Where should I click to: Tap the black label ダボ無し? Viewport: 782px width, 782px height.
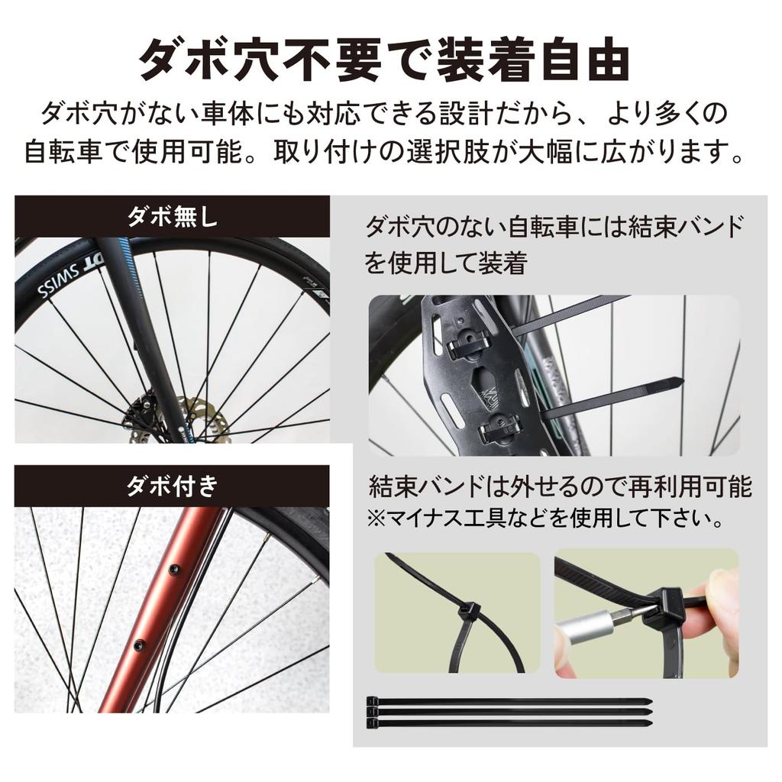172,217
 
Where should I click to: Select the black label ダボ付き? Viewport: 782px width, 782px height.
172,486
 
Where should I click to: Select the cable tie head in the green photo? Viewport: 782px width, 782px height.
467,611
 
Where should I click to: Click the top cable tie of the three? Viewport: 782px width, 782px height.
509,700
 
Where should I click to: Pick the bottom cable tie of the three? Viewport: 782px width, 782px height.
509,722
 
